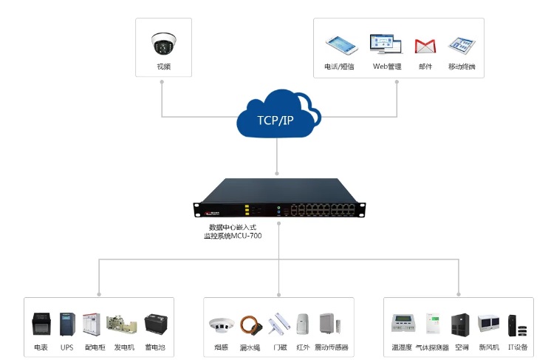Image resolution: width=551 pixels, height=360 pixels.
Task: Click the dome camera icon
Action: pos(162,44)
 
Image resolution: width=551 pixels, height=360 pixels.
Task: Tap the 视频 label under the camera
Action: pos(163,67)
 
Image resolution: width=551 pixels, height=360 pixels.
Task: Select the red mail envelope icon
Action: pos(424,45)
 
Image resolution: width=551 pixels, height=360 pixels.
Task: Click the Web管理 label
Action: pos(386,67)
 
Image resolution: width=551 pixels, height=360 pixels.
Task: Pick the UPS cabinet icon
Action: pos(67,325)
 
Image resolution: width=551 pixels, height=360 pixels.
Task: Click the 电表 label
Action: pos(41,347)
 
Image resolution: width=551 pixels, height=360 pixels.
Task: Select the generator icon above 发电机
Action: pos(121,325)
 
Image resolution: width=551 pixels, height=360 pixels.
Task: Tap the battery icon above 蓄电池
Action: pos(155,325)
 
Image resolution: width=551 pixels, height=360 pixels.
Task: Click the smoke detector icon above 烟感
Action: pos(221,325)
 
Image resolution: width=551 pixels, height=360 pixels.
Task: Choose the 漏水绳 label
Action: pos(250,347)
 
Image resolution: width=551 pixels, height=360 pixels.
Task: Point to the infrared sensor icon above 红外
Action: pos(302,325)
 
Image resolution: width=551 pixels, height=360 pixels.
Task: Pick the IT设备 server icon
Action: pos(517,325)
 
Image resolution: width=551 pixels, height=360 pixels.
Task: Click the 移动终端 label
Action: pos(461,67)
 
